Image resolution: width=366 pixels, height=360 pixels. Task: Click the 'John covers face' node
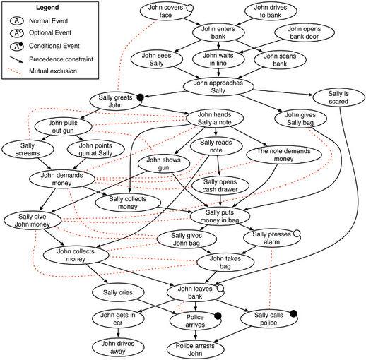(x=166, y=11)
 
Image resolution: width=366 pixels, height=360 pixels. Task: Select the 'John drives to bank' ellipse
(x=271, y=11)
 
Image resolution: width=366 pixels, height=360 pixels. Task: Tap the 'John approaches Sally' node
(x=218, y=87)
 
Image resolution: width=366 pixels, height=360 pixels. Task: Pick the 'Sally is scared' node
(x=338, y=97)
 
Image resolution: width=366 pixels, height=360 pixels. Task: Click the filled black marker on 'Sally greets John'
(x=141, y=97)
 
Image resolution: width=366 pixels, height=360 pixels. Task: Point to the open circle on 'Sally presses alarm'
(x=297, y=234)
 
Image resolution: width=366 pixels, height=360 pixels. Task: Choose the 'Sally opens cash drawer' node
(x=220, y=186)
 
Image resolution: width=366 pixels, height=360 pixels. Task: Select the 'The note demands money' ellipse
(x=284, y=155)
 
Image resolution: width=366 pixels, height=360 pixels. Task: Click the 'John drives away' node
(x=118, y=347)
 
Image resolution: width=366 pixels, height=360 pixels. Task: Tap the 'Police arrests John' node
(x=195, y=349)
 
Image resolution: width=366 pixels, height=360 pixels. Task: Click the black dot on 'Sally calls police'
(x=293, y=313)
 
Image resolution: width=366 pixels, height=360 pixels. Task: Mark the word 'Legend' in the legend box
(x=47, y=8)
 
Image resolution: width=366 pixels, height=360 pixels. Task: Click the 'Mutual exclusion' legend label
(x=53, y=71)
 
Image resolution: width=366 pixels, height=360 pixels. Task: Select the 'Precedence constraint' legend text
(x=61, y=59)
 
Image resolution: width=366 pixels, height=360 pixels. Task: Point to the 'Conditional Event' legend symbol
(x=17, y=46)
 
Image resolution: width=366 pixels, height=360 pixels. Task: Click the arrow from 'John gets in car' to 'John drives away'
(x=118, y=333)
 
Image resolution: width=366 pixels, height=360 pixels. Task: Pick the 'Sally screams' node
(x=28, y=150)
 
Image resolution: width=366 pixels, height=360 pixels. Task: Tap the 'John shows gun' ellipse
(x=164, y=164)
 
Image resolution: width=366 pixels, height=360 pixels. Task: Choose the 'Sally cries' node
(x=118, y=292)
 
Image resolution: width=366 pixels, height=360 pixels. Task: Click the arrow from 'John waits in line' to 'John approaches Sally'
(x=218, y=72)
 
